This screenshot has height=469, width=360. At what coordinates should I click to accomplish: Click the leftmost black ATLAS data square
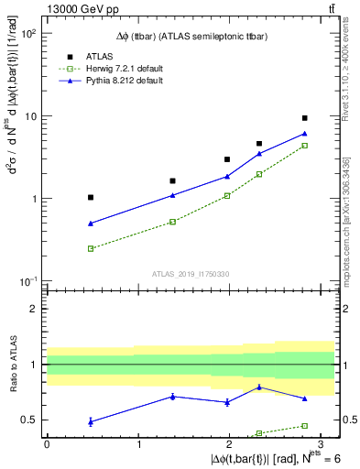point(91,197)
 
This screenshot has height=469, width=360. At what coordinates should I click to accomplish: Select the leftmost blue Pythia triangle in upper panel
point(91,224)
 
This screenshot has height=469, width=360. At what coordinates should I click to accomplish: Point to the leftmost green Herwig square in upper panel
point(91,248)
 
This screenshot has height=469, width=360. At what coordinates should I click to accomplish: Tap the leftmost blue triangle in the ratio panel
point(91,421)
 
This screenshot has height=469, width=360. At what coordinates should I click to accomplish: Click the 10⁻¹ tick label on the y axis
point(28,281)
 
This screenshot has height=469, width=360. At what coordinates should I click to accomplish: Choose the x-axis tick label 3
point(321,443)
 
